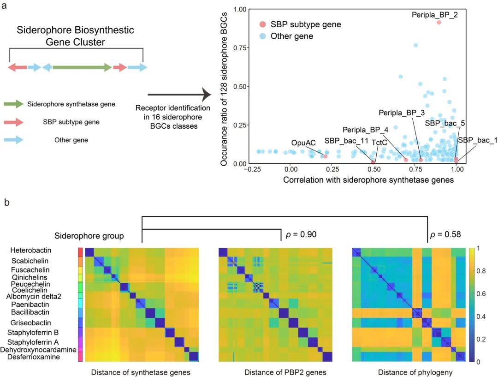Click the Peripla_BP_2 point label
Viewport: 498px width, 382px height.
(x=435, y=15)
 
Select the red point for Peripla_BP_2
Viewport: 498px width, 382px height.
(x=439, y=22)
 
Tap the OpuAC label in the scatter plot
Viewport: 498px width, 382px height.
(x=303, y=143)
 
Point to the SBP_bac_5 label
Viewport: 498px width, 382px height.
(x=445, y=123)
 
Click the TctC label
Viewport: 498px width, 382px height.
(x=379, y=143)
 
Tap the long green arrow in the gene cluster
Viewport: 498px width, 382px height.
(x=82, y=67)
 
